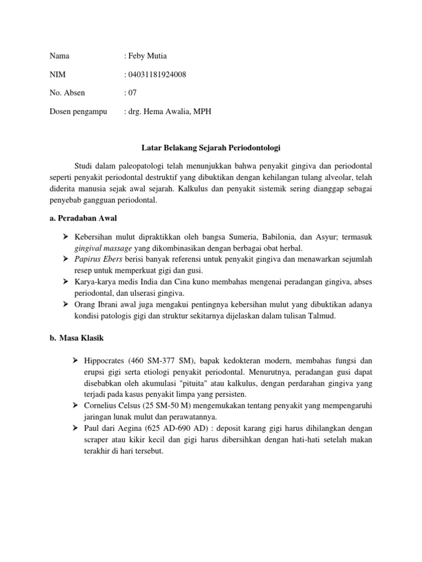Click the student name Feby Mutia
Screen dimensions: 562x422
[x=148, y=56]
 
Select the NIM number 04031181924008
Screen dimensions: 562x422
[x=157, y=75]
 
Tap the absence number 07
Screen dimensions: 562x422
[x=134, y=93]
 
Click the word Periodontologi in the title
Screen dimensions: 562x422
[x=253, y=148]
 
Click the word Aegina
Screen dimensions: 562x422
[x=130, y=430]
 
